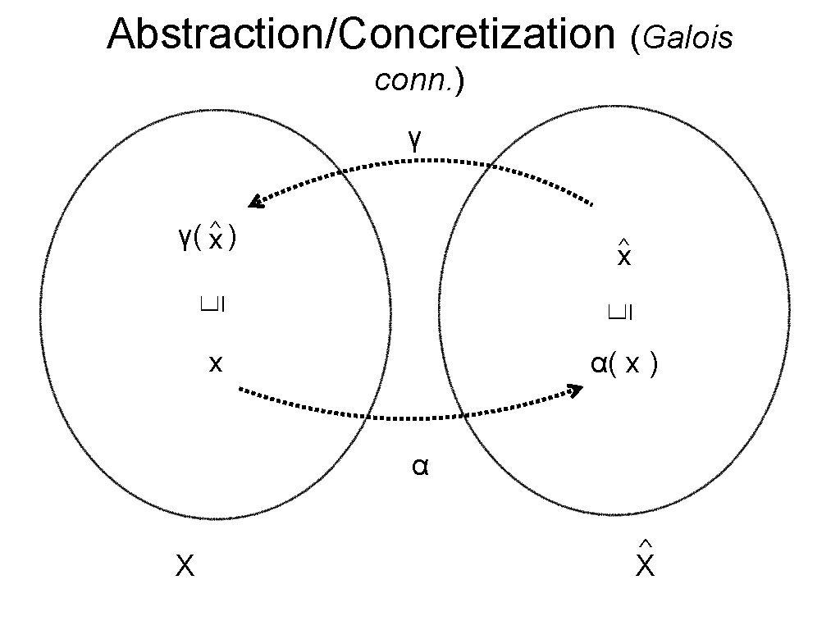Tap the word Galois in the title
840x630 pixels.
[x=688, y=38]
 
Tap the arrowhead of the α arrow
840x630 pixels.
[x=576, y=390]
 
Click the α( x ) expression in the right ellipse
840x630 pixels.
[x=623, y=364]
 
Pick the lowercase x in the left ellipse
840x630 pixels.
[x=215, y=363]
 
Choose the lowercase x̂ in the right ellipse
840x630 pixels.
[x=623, y=257]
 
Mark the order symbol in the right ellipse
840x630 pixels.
[x=623, y=310]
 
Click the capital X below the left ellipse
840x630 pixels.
[x=185, y=565]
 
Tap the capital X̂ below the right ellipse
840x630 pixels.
[x=645, y=564]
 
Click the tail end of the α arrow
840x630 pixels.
[x=240, y=389]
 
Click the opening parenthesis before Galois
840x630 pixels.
[x=637, y=38]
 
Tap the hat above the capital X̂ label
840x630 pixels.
[x=645, y=544]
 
